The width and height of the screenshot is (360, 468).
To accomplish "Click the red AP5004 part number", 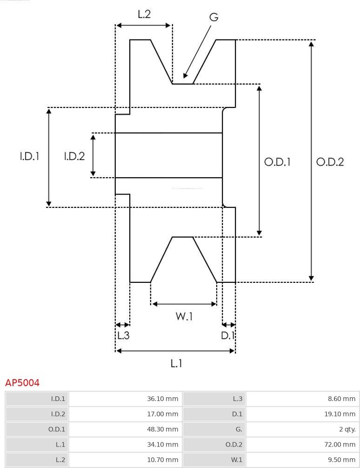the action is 22,382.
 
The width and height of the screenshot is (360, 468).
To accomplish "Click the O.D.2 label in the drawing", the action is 330,162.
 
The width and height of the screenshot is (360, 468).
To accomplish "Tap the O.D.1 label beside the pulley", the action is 277,162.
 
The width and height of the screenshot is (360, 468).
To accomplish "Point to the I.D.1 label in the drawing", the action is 30,156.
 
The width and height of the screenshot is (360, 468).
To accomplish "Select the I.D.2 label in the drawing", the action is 74,156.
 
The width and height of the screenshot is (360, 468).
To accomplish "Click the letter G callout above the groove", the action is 214,17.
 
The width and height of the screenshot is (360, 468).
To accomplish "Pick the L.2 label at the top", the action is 144,14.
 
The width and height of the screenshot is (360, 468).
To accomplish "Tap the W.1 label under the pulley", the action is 184,316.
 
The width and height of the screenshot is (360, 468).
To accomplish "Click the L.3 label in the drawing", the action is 123,335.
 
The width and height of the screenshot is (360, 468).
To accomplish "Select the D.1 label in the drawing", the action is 228,335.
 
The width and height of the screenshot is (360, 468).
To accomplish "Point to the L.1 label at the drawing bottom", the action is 176,363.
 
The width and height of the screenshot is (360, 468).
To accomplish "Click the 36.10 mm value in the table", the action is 162,399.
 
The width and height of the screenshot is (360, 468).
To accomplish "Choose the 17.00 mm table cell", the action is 162,414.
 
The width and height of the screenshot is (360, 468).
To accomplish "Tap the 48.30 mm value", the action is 162,429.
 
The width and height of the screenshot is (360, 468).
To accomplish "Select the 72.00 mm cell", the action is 340,444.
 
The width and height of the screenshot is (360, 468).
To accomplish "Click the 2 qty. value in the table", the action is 347,429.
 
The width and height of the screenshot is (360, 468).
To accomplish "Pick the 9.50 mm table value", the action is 341,460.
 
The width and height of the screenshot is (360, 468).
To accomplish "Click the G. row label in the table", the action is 239,429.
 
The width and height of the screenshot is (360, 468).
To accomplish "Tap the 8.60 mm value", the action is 341,399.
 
